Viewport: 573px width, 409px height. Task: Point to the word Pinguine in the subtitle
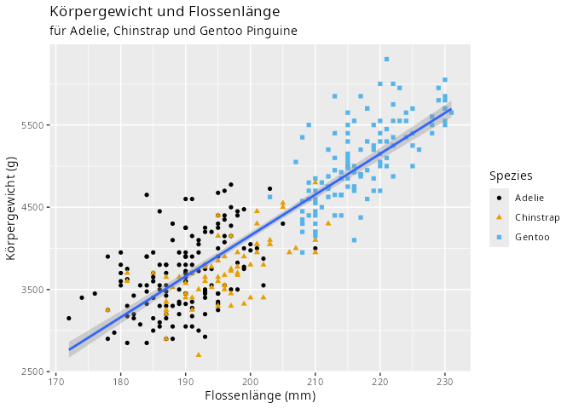pyautogui.click(x=270, y=31)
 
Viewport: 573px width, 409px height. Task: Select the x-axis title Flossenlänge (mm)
pyautogui.click(x=248, y=397)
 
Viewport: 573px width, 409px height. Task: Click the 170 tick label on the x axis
pyautogui.click(x=56, y=381)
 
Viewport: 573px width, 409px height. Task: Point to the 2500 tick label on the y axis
pyautogui.click(x=32, y=372)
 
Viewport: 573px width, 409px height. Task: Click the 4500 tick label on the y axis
pyautogui.click(x=32, y=207)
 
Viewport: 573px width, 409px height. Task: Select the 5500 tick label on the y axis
pyautogui.click(x=32, y=125)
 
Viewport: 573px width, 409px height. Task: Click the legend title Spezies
pyautogui.click(x=511, y=176)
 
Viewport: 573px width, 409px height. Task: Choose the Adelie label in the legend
pyautogui.click(x=529, y=198)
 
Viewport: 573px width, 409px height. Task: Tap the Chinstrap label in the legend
pyautogui.click(x=537, y=217)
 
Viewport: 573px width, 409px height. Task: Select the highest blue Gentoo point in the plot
pyautogui.click(x=386, y=59)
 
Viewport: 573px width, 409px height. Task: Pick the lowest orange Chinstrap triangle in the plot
pyautogui.click(x=199, y=354)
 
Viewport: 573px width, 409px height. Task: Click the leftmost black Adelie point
pyautogui.click(x=69, y=319)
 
